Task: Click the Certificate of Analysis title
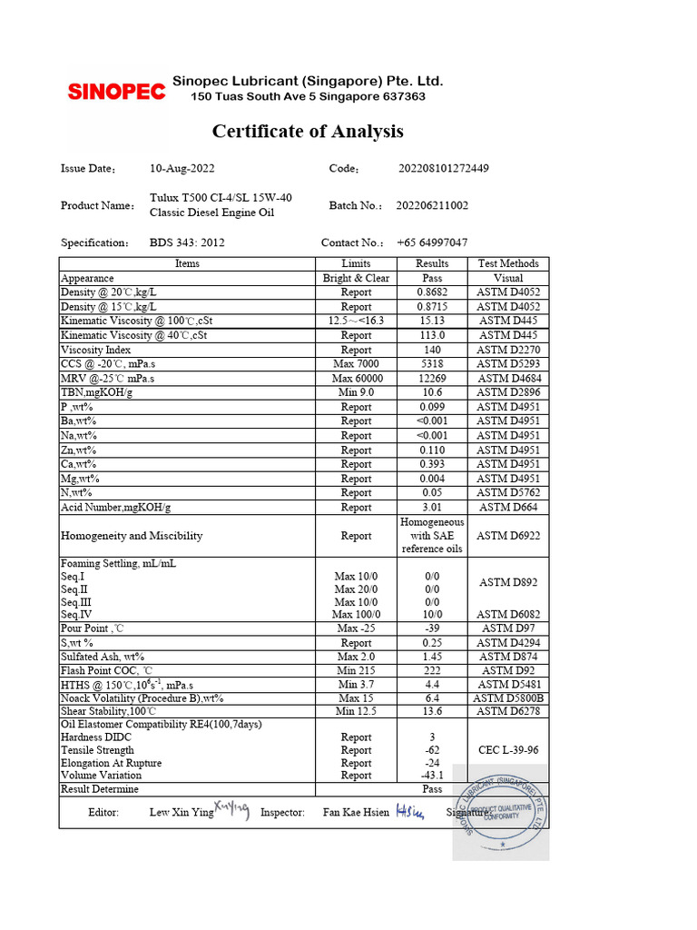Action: [x=308, y=132]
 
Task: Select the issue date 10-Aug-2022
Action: [x=182, y=168]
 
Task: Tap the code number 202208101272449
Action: [x=444, y=168]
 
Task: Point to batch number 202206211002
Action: [x=432, y=205]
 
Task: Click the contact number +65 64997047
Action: [x=432, y=242]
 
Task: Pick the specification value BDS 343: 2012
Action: [x=187, y=242]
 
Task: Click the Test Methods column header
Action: [x=508, y=263]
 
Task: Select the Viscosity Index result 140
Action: [x=431, y=350]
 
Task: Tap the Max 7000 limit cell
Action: [x=356, y=364]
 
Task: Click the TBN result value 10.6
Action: [x=431, y=392]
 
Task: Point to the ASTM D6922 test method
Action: [x=508, y=536]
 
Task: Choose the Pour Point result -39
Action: [x=431, y=628]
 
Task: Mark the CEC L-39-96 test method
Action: [x=508, y=750]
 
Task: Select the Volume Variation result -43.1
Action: [x=431, y=776]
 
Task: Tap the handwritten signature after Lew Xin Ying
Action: [x=231, y=810]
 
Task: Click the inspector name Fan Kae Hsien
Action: [x=356, y=813]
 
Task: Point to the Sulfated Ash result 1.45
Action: [x=431, y=657]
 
